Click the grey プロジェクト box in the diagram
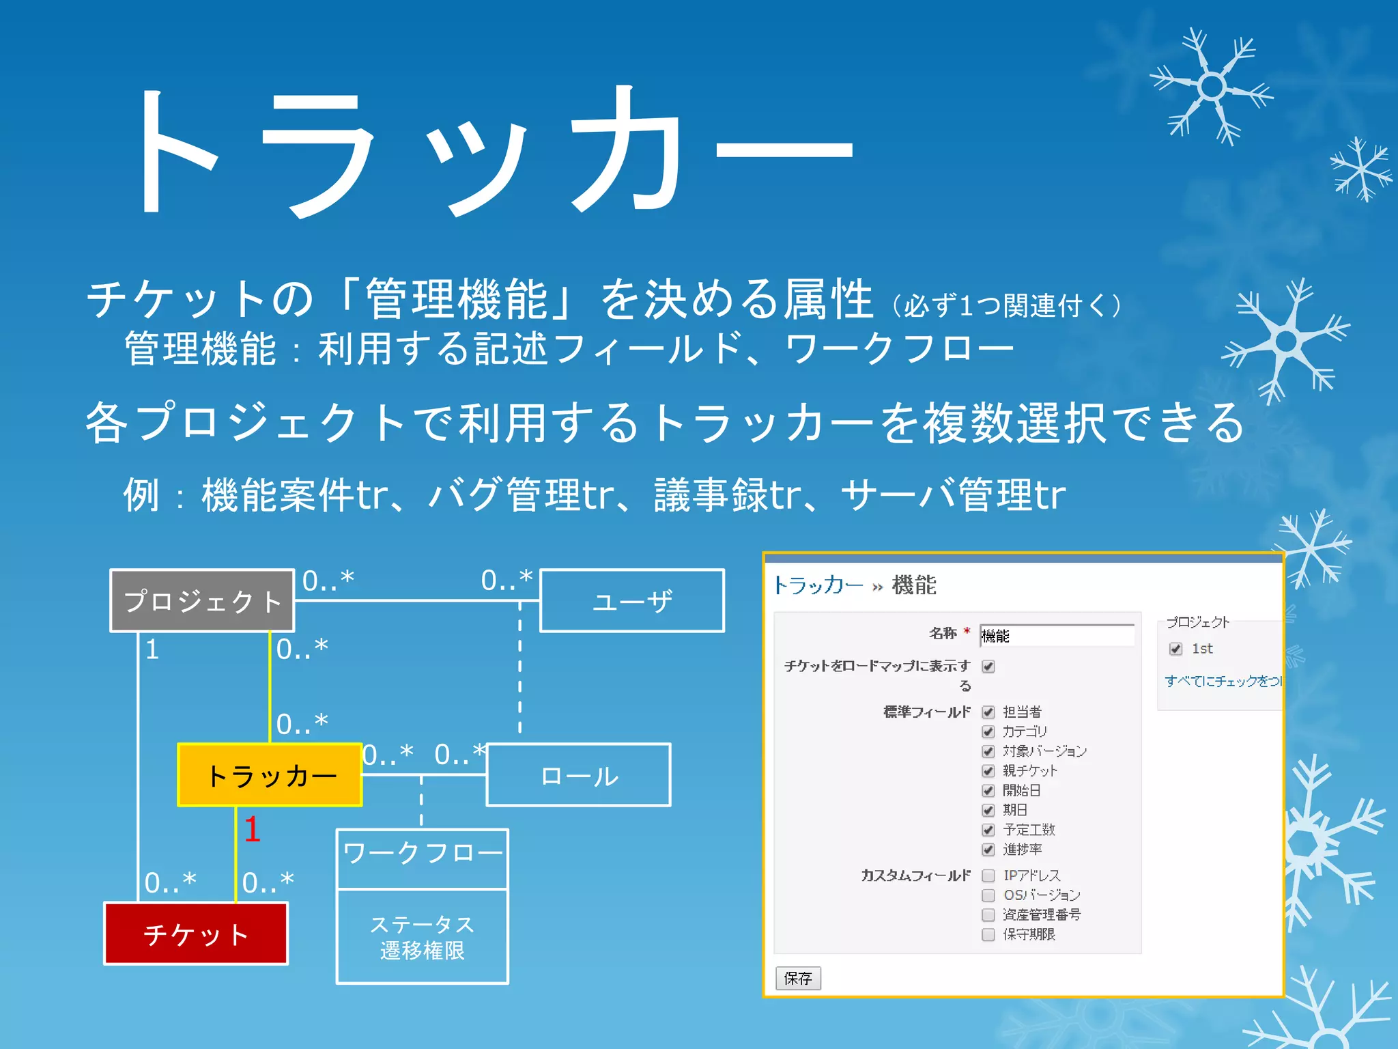coord(202,600)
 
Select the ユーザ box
coord(632,600)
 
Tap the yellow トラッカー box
coord(270,775)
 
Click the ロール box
coord(579,775)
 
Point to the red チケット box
coord(196,934)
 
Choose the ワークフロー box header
coord(423,858)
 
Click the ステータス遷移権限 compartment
coord(423,936)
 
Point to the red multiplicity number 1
coord(252,829)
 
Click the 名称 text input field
coord(1057,635)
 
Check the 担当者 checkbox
coord(988,712)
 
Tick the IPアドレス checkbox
coord(988,876)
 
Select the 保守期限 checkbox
coord(988,934)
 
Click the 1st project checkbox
coord(1175,649)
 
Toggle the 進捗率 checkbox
coord(988,850)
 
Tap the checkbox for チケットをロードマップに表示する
coord(988,667)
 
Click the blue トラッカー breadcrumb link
coord(818,585)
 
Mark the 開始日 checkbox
coord(988,791)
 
